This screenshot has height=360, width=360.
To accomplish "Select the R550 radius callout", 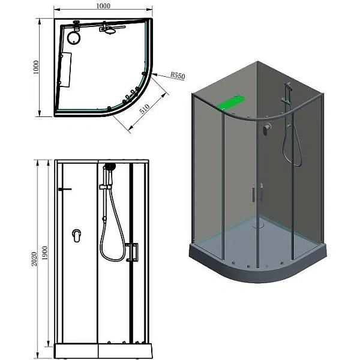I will coord(178,76).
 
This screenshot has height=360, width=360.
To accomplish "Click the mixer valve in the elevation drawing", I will coord(76,235).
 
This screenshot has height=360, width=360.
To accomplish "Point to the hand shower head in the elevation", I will coord(109,167).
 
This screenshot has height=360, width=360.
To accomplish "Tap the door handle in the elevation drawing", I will coord(134,251).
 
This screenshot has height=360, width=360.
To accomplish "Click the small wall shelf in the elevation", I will coord(65,191).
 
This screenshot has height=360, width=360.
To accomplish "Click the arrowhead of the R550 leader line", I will coord(154,76).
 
